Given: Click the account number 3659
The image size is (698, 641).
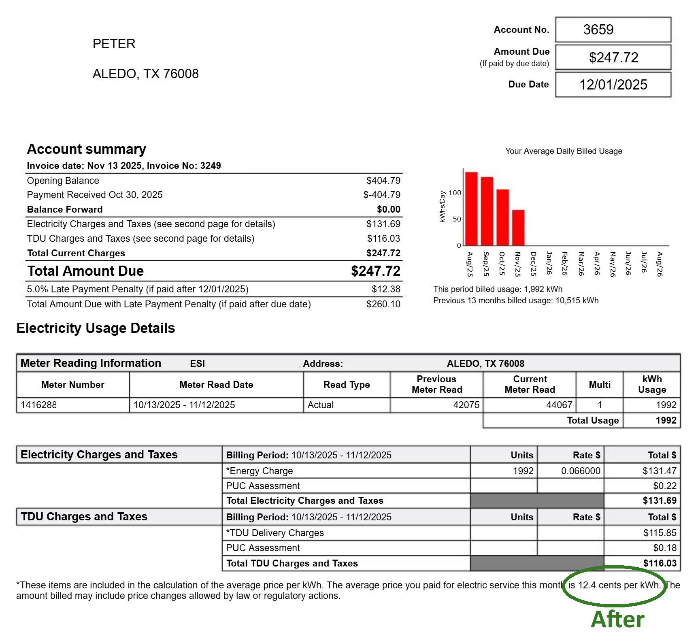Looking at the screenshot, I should (598, 30).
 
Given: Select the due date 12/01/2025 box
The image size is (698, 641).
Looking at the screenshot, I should (613, 85).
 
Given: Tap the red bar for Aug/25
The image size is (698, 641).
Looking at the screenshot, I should (471, 209).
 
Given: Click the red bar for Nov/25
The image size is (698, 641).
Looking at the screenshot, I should (518, 228).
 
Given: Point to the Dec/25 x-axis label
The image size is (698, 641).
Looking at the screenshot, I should (534, 264).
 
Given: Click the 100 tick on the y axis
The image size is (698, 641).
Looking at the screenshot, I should (455, 193).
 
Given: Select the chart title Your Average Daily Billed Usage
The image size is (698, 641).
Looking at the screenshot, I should (563, 151).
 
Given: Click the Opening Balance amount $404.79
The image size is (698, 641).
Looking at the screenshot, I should (383, 181).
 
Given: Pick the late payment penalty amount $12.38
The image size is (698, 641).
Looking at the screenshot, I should (385, 289).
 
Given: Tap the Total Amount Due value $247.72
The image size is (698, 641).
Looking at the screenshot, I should (375, 271).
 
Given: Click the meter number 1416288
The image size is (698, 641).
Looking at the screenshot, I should (39, 405).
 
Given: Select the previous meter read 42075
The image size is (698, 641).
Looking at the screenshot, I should (466, 405).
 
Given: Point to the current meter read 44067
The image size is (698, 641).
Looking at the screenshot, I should (559, 405).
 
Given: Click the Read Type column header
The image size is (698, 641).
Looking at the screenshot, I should (347, 385).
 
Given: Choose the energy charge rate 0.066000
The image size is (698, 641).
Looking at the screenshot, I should (581, 471).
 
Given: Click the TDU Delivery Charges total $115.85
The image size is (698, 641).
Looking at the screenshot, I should (660, 533).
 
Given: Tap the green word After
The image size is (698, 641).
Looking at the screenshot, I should (617, 620).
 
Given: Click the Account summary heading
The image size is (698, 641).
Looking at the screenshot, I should (86, 149).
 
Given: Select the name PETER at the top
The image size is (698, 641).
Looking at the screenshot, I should (114, 44).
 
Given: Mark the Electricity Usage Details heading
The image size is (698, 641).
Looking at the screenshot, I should (96, 328).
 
